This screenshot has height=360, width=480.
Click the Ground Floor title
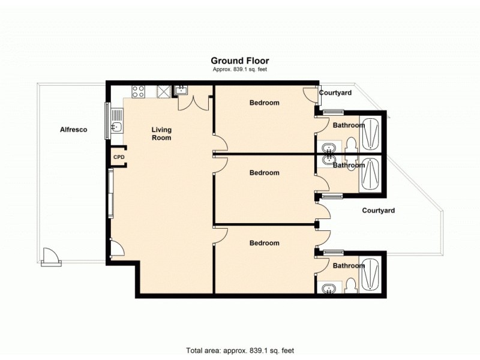(x=239, y=61)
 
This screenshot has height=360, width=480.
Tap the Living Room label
(x=161, y=134)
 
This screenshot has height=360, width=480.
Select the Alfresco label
(x=74, y=129)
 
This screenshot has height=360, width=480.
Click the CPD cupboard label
(x=119, y=157)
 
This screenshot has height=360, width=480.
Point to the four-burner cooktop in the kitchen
(x=138, y=92)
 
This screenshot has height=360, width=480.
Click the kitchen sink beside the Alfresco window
(x=118, y=126)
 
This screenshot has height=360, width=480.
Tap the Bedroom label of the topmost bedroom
(x=264, y=103)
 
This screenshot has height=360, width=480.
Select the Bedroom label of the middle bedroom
(x=264, y=173)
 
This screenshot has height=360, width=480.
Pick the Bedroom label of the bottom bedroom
(x=264, y=243)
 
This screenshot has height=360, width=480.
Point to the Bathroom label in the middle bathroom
(x=349, y=165)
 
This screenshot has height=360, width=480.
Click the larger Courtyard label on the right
(x=379, y=211)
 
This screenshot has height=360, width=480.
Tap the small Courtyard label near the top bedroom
(x=335, y=93)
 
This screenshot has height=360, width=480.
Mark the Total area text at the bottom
(x=239, y=350)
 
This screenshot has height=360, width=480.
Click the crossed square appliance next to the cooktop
(x=163, y=91)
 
